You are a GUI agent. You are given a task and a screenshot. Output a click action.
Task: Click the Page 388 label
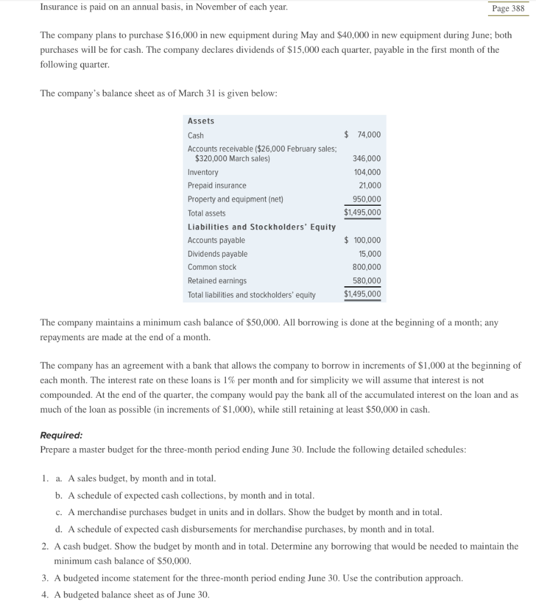pyautogui.click(x=508, y=8)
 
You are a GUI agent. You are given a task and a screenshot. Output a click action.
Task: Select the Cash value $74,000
pyautogui.click(x=363, y=135)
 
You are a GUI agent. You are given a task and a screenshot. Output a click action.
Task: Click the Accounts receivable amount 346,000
pyautogui.click(x=366, y=159)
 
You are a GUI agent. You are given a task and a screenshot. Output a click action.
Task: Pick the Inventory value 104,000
pyautogui.click(x=366, y=172)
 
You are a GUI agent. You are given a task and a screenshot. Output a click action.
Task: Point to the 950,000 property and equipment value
pyautogui.click(x=366, y=199)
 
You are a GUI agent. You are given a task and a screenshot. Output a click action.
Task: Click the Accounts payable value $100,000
pyautogui.click(x=363, y=241)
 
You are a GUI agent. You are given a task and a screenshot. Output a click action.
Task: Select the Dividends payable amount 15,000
pyautogui.click(x=369, y=254)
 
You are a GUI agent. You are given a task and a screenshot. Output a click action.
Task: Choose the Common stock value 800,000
pyautogui.click(x=366, y=267)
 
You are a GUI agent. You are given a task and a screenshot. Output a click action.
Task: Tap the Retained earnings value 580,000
pyautogui.click(x=366, y=281)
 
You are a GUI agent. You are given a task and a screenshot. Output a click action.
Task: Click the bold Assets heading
pyautogui.click(x=201, y=121)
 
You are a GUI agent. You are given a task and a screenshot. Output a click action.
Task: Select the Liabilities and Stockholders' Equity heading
pyautogui.click(x=261, y=227)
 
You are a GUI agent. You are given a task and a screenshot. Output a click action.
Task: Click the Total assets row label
pyautogui.click(x=206, y=213)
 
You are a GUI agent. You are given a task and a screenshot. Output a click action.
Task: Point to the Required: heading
pyautogui.click(x=61, y=435)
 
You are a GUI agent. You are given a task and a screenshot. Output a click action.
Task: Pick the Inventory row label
pyautogui.click(x=203, y=172)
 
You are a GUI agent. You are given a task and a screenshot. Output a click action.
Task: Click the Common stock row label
pyautogui.click(x=212, y=267)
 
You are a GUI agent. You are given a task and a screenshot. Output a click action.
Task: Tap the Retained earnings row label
pyautogui.click(x=217, y=281)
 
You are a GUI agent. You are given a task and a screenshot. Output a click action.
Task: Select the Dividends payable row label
pyautogui.click(x=218, y=254)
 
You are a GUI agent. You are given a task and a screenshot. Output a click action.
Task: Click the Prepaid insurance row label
pyautogui.click(x=217, y=186)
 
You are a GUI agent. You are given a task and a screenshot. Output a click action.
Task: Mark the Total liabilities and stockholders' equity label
pyautogui.click(x=251, y=295)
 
